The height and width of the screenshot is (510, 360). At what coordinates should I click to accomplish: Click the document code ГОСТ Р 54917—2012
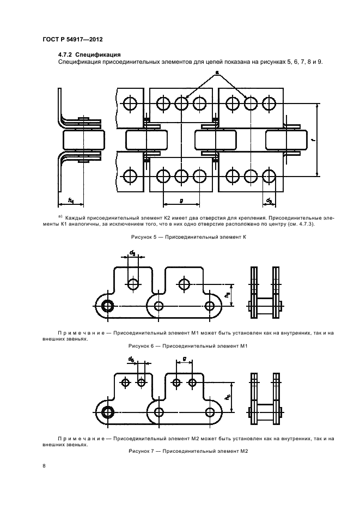point(73,40)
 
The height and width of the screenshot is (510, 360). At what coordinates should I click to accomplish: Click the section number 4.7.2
point(65,54)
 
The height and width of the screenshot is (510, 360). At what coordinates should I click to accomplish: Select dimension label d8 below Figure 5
point(269,201)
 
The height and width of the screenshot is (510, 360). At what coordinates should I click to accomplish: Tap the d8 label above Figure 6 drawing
point(132,252)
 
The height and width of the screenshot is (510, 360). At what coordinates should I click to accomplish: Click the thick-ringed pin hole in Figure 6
point(107,305)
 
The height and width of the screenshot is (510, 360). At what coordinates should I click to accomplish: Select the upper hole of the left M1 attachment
point(133,283)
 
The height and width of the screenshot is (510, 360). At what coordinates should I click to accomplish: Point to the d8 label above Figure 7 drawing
point(132,359)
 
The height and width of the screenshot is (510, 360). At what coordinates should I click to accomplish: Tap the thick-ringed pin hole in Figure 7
point(107,411)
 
